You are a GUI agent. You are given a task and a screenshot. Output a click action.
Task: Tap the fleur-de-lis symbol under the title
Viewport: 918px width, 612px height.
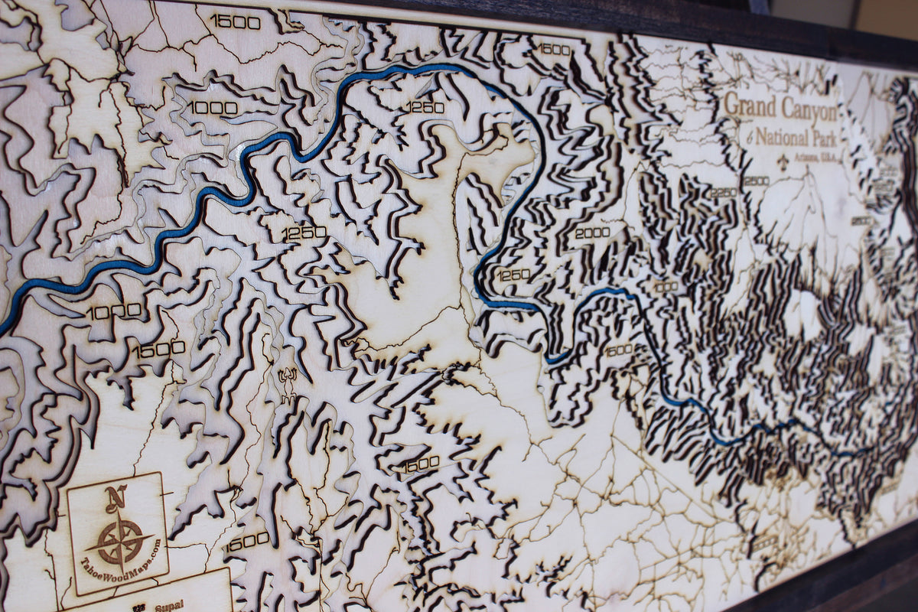781,161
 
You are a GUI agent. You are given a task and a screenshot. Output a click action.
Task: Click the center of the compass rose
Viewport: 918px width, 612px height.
120,541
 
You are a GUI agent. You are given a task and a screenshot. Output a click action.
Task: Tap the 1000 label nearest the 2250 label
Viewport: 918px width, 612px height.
665,287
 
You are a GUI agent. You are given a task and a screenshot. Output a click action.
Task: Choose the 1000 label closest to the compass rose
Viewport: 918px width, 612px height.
114,312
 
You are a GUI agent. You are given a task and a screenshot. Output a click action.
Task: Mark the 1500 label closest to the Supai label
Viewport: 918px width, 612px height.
246,541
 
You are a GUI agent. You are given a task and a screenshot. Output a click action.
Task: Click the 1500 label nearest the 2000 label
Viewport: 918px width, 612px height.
618,350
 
